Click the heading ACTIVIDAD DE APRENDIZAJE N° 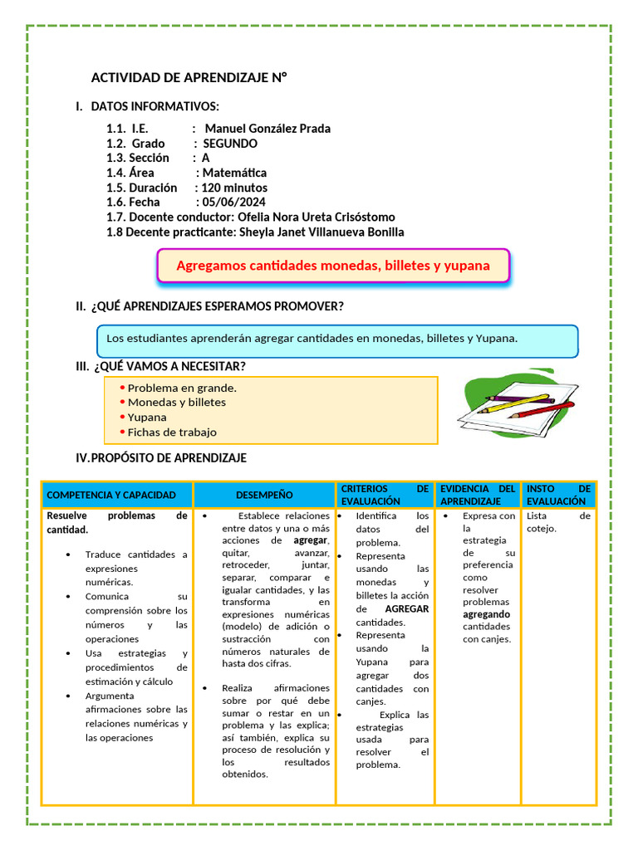point(189,78)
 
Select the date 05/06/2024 point(231,203)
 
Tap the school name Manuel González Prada point(267,129)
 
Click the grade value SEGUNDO point(230,144)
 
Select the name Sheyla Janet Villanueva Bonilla point(321,232)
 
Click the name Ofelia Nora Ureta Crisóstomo point(317,217)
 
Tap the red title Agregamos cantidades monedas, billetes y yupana point(332,266)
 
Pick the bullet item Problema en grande point(182,388)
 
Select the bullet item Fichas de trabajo point(172,432)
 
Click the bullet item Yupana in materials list point(147,417)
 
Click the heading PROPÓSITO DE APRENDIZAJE point(169,458)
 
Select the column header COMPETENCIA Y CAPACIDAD point(111,495)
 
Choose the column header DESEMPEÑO point(264,495)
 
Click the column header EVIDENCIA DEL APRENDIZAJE point(478,495)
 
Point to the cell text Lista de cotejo point(558,521)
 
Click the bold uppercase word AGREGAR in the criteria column point(407,608)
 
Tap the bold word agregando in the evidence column point(486,614)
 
